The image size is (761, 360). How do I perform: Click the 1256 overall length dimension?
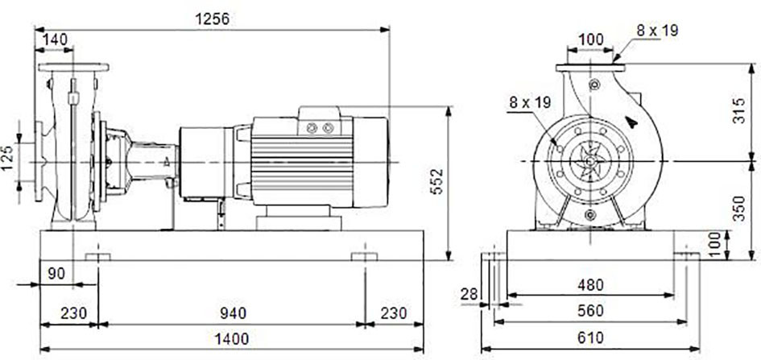coord(212,19)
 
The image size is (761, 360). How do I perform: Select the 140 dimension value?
coord(55,39)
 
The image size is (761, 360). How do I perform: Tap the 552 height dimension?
coord(437,181)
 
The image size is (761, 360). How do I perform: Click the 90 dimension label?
coord(57,274)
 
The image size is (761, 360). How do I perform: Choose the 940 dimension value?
coord(233,313)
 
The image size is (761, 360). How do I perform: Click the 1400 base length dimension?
coord(231,338)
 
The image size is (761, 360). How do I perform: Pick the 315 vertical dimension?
coord(738,110)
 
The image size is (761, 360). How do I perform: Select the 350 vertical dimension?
coord(738,208)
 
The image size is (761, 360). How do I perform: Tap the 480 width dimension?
coord(590,285)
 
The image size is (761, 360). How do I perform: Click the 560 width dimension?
coord(590,311)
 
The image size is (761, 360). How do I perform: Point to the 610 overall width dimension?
coord(590,337)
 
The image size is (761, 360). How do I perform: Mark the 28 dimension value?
coord(469,294)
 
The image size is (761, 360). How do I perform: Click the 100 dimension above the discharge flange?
coord(591,39)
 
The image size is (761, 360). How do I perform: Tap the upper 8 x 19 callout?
coord(657,31)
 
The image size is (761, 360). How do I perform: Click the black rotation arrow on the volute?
coord(631,122)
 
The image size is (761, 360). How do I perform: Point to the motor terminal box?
coord(321,122)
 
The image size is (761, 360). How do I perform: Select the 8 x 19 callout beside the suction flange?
coord(530,102)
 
